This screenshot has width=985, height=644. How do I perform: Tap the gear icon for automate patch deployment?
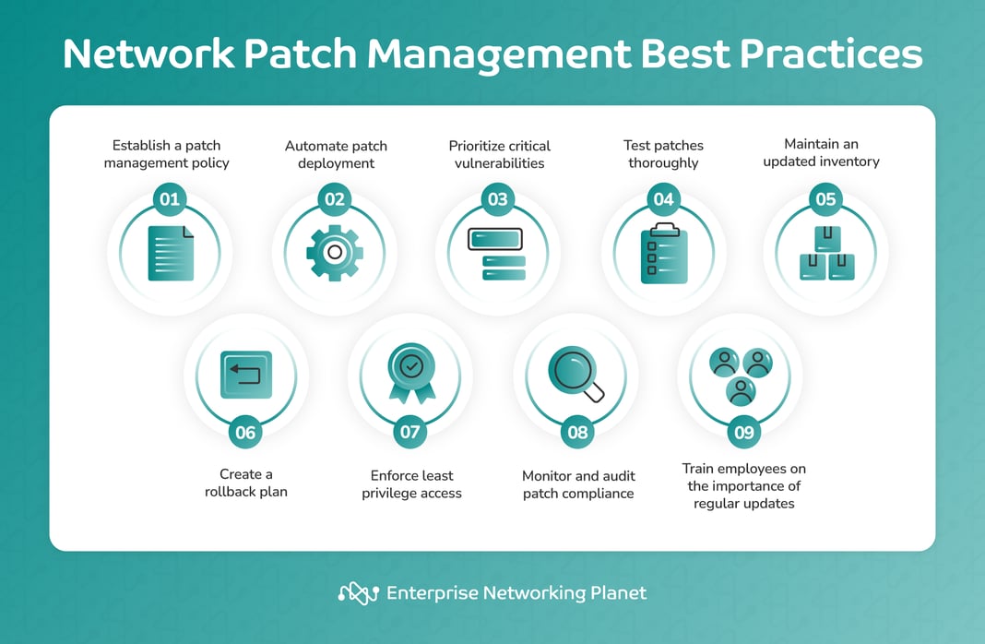pyautogui.click(x=335, y=251)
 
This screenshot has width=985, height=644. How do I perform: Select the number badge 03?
pyautogui.click(x=497, y=199)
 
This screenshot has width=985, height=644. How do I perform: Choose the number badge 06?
pyautogui.click(x=245, y=432)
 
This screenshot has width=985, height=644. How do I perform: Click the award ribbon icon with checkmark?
pyautogui.click(x=410, y=374)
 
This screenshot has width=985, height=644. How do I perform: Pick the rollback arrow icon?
pyautogui.click(x=245, y=374)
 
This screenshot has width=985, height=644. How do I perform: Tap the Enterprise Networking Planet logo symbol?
pyautogui.click(x=359, y=593)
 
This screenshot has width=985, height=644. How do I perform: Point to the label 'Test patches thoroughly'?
pyautogui.click(x=664, y=154)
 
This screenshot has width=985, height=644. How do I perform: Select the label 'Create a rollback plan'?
pyautogui.click(x=245, y=483)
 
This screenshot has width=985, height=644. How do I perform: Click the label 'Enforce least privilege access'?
pyautogui.click(x=411, y=484)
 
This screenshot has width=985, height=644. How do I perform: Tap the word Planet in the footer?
pyautogui.click(x=619, y=592)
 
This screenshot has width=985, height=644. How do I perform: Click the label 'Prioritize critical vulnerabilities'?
pyautogui.click(x=499, y=154)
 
